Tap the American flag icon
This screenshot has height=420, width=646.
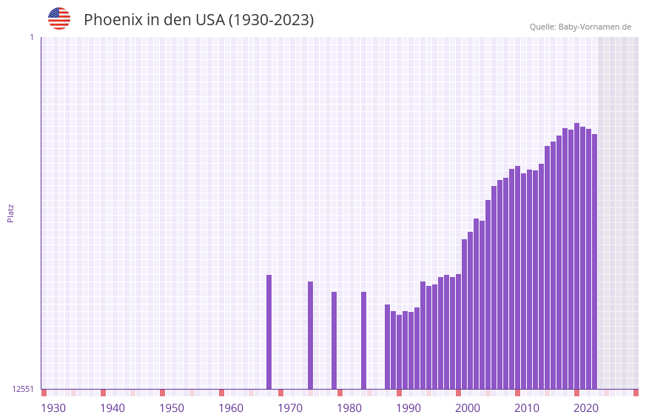pyautogui.click(x=59, y=19)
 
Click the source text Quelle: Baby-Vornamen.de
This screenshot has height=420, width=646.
pyautogui.click(x=580, y=27)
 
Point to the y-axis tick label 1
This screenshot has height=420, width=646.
pyautogui.click(x=31, y=37)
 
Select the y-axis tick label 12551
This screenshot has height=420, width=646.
pyautogui.click(x=23, y=389)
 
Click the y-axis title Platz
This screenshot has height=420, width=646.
pyautogui.click(x=10, y=213)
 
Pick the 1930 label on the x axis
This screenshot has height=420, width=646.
pyautogui.click(x=53, y=408)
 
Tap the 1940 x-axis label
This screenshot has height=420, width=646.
pyautogui.click(x=112, y=408)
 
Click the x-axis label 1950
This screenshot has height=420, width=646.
pyautogui.click(x=172, y=408)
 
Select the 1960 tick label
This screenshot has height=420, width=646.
pyautogui.click(x=231, y=408)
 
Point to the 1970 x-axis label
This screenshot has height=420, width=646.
pyautogui.click(x=290, y=408)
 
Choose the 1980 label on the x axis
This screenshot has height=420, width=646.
pyautogui.click(x=349, y=408)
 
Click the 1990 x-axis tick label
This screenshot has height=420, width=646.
pyautogui.click(x=408, y=408)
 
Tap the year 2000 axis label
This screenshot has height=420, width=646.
pyautogui.click(x=468, y=408)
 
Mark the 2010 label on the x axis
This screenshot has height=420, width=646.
pyautogui.click(x=527, y=408)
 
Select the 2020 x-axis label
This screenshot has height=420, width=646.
pyautogui.click(x=586, y=408)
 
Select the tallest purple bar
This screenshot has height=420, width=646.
pyautogui.click(x=577, y=256)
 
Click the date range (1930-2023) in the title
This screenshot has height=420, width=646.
pyautogui.click(x=271, y=21)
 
